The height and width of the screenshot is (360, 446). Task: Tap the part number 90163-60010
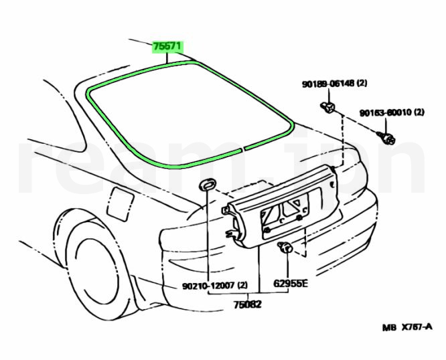[x=385, y=113]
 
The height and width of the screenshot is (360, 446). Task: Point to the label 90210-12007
[x=207, y=285]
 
